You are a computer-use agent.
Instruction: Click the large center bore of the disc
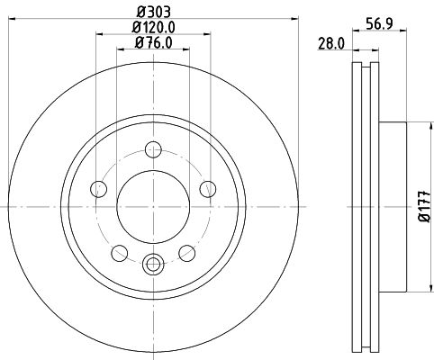tap(152, 208)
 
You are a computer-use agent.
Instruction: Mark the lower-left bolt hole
tap(118, 253)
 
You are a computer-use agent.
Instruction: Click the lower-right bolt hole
tap(187, 253)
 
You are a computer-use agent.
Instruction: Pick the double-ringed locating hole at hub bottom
tap(152, 265)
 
